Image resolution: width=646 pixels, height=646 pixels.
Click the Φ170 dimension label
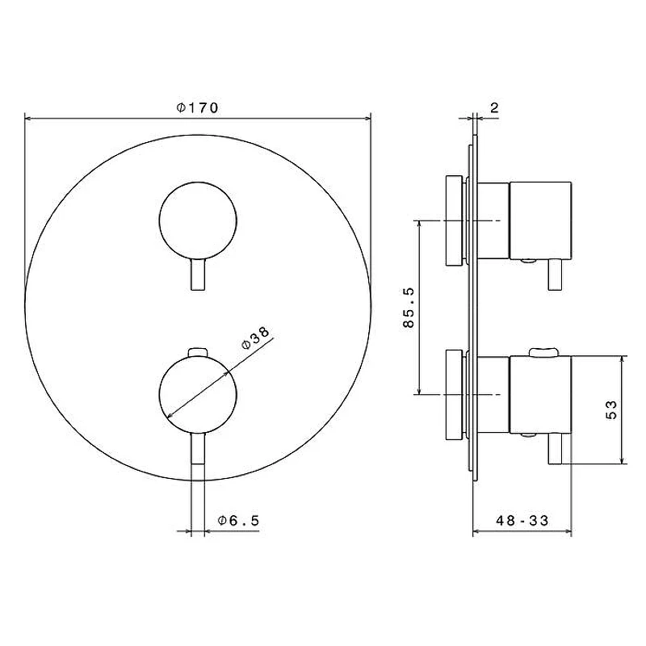coord(197,108)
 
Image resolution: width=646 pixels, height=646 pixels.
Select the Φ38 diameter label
coord(256,338)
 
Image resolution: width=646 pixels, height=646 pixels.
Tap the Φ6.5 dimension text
coord(239,521)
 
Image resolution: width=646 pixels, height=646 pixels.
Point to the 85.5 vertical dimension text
coord(409,308)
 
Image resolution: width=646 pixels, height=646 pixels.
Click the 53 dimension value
coord(612,409)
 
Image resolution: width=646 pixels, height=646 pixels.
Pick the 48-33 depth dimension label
coord(522,521)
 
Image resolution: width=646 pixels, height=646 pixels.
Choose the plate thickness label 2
coord(494,108)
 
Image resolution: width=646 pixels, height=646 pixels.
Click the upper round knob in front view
coord(198,221)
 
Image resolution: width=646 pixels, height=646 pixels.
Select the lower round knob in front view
coord(198,395)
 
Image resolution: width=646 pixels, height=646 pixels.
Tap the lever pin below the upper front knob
coord(198,275)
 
